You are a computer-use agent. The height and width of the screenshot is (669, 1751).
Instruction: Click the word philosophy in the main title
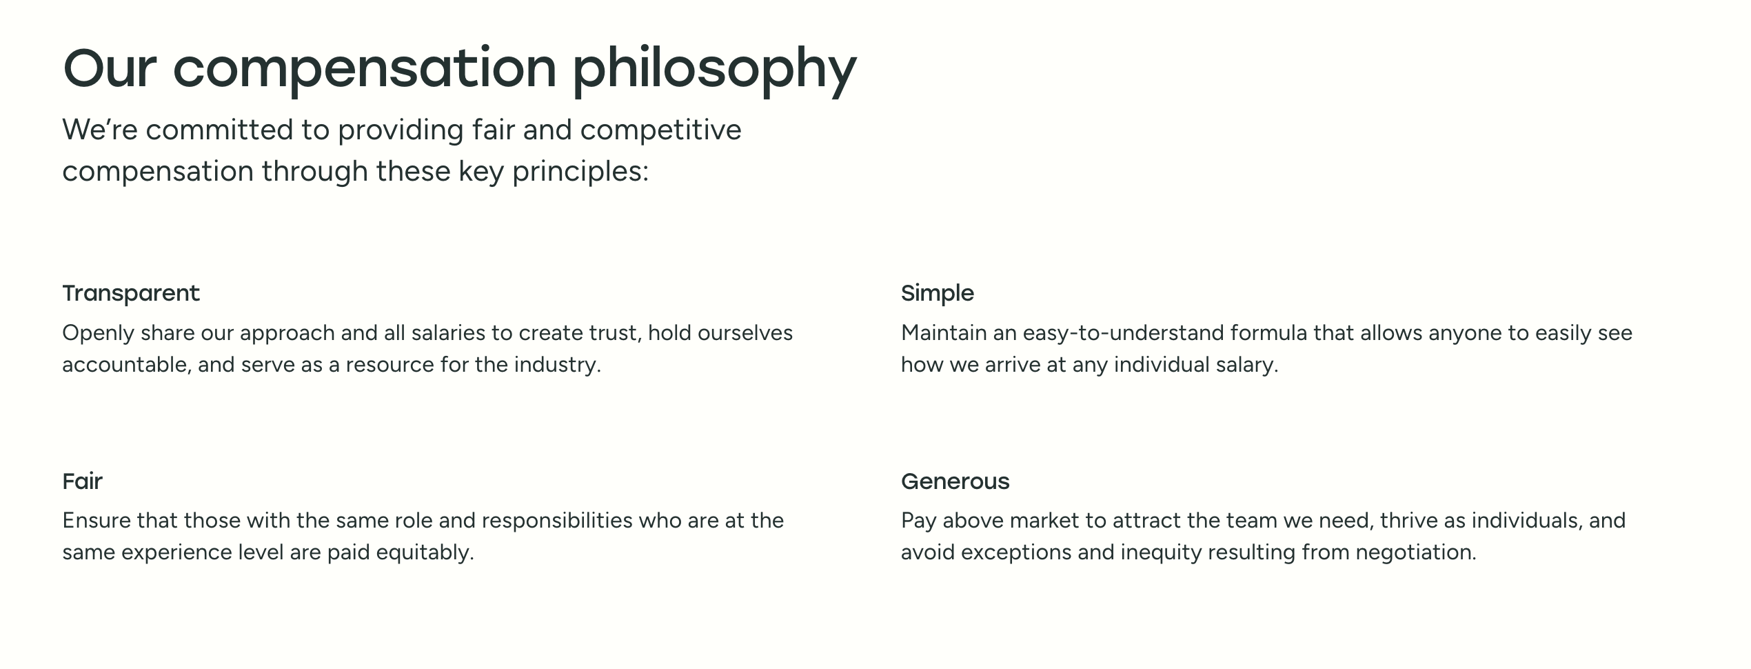click(x=714, y=69)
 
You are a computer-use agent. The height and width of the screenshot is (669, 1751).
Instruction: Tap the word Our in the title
click(x=110, y=69)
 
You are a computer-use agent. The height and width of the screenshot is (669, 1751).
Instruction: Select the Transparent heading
click(x=131, y=293)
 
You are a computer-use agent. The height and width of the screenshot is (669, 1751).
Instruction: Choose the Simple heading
click(x=938, y=293)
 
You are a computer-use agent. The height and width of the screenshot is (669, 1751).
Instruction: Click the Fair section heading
click(x=83, y=481)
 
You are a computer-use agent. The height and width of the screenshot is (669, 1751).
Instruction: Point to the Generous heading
click(x=955, y=481)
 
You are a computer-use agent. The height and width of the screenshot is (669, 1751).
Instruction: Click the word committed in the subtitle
click(x=220, y=130)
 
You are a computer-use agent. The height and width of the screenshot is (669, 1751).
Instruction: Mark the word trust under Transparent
click(x=616, y=333)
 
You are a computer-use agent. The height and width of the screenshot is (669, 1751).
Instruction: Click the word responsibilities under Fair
click(x=557, y=521)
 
